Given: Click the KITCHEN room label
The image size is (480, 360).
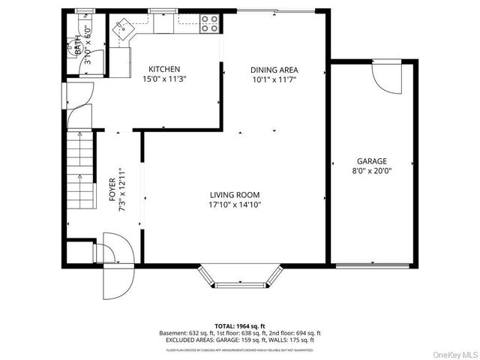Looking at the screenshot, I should [x=163, y=70].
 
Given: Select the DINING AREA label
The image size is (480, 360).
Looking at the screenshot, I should [x=274, y=70].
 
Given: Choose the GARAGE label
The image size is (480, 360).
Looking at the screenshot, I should [x=371, y=161].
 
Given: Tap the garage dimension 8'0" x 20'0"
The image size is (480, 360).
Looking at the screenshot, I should [x=373, y=171].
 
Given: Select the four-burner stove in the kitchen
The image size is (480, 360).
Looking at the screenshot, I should [x=210, y=25].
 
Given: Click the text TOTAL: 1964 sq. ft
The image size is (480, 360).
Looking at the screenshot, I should [x=239, y=325].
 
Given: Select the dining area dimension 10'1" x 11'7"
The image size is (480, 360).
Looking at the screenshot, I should [x=274, y=79].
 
